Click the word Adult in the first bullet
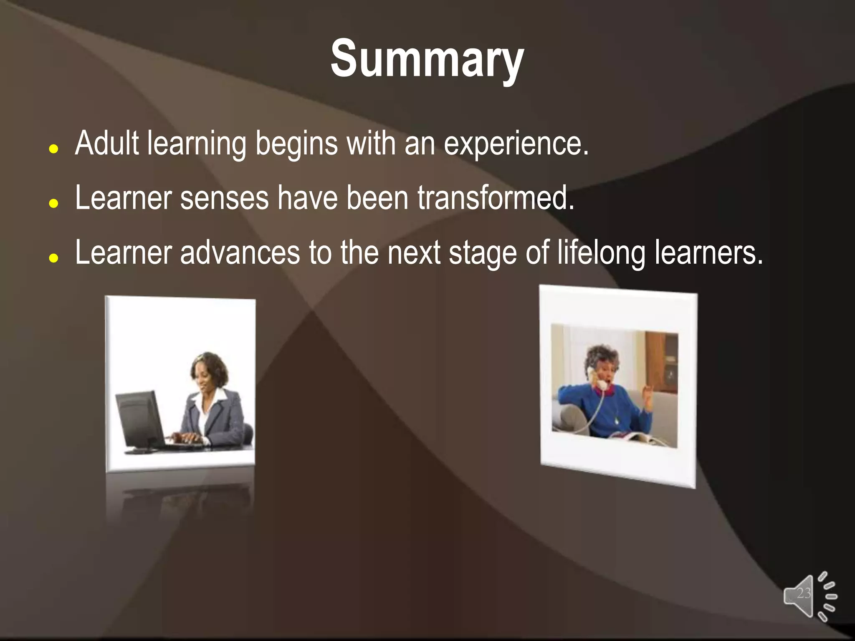tap(106, 143)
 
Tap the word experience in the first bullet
tap(516, 144)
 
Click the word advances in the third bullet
tap(240, 252)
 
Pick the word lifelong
tap(601, 253)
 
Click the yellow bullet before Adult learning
tap(53, 149)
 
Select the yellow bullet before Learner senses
tap(53, 204)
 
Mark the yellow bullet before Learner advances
tap(53, 258)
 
